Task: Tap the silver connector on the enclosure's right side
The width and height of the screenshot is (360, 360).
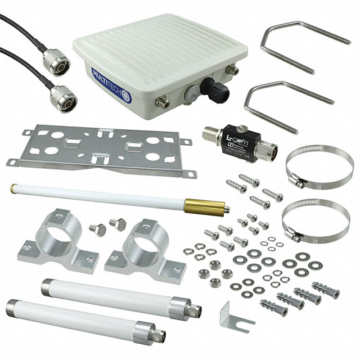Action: tap(232, 71)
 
